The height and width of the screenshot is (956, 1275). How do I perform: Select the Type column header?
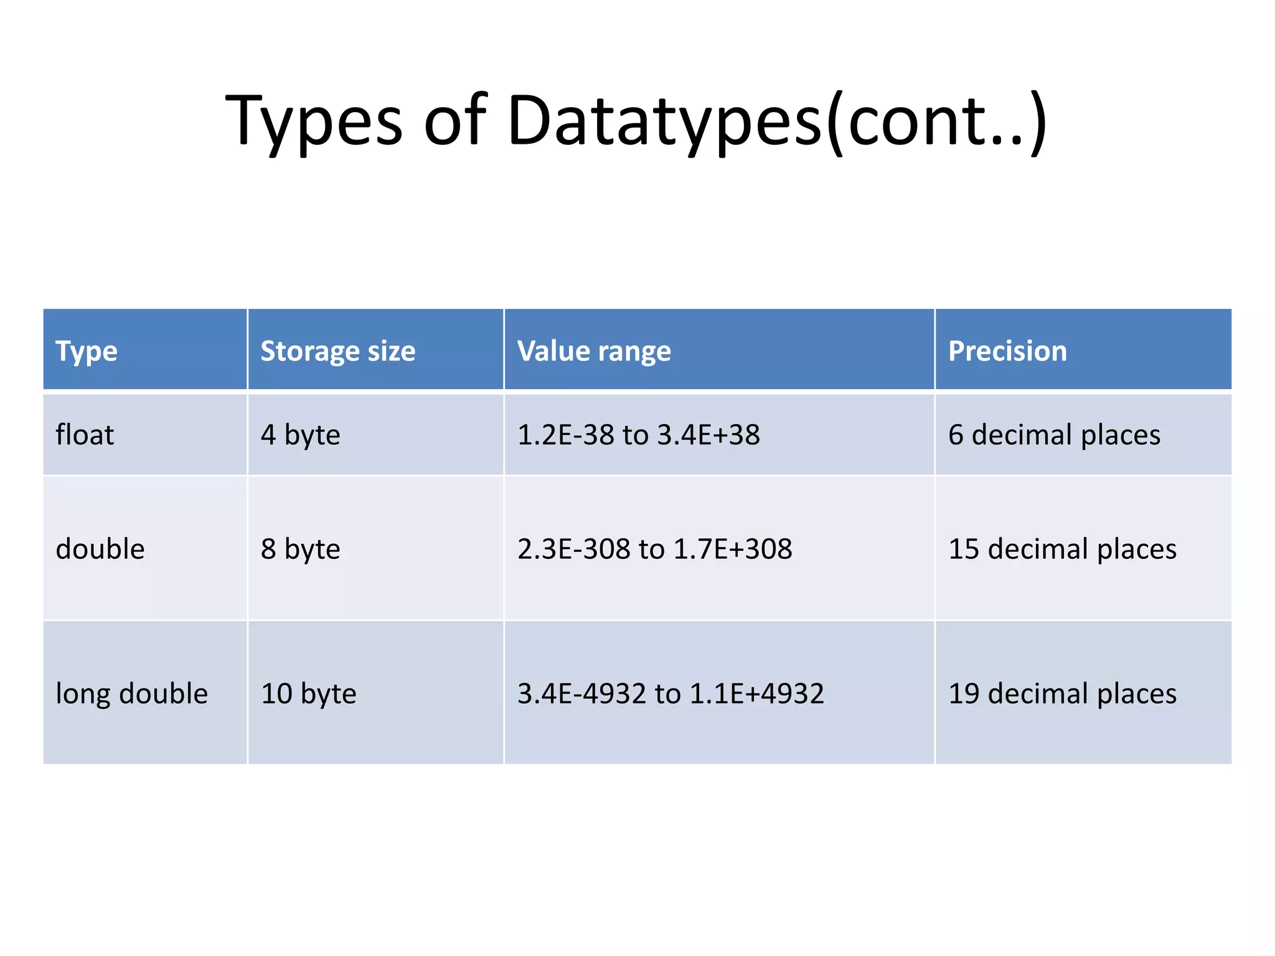[x=87, y=351]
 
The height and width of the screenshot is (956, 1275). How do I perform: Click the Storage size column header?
[x=337, y=351]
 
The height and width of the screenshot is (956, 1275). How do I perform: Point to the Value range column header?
[x=594, y=351]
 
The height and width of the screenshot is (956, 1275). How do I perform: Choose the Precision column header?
[x=1007, y=351]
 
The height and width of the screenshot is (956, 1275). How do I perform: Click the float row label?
[x=85, y=434]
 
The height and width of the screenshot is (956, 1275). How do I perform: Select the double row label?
[x=100, y=549]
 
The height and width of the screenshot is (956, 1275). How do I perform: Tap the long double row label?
[x=131, y=693]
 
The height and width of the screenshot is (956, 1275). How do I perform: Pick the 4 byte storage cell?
[x=300, y=434]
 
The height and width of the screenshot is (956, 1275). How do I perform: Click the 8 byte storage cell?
[x=300, y=549]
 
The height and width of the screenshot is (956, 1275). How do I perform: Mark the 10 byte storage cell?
[x=308, y=693]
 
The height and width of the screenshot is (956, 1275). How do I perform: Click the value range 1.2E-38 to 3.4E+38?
[x=638, y=434]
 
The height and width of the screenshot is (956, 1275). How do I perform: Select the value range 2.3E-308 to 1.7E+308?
[x=654, y=549]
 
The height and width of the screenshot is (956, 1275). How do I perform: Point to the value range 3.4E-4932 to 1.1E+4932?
[x=670, y=693]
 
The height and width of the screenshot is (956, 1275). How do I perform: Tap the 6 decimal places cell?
[x=1054, y=434]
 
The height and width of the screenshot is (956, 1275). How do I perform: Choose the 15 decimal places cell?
[x=1062, y=549]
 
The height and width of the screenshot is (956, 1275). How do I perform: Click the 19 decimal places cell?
[x=1062, y=693]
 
